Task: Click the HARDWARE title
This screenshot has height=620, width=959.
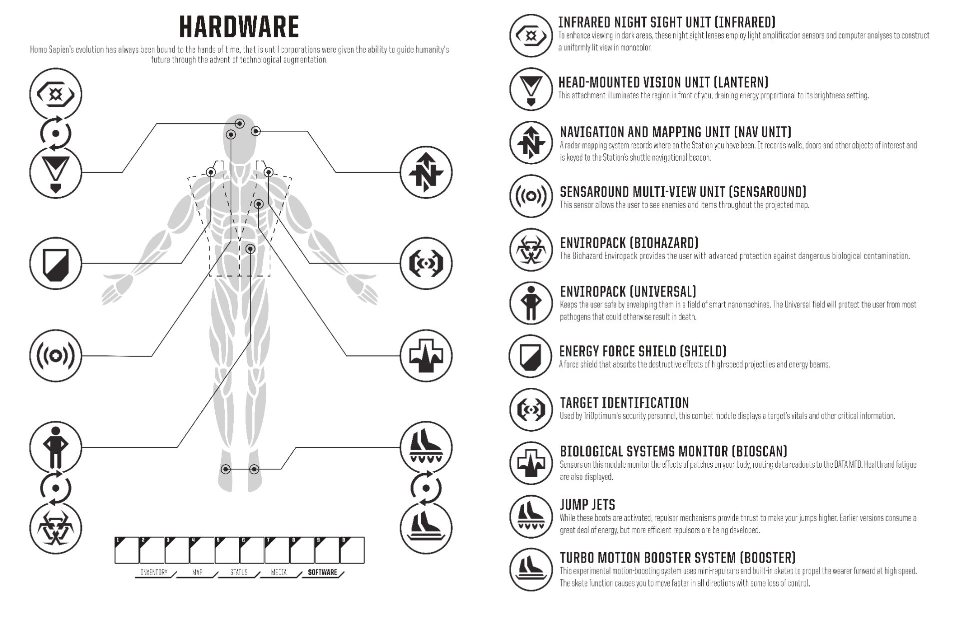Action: click(239, 27)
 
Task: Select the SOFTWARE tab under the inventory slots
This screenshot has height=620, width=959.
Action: click(323, 572)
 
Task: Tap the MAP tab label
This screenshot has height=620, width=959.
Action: click(197, 572)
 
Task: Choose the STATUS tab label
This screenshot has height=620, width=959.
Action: click(239, 572)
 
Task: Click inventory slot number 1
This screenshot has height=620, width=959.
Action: click(127, 550)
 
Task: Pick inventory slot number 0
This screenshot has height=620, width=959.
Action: click(352, 550)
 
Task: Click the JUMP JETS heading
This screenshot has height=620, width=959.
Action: click(587, 505)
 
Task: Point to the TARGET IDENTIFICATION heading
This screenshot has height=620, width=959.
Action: click(624, 403)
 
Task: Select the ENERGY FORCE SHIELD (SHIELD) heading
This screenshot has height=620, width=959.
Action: click(643, 351)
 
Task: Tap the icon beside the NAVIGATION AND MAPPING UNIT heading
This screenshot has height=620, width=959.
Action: click(531, 143)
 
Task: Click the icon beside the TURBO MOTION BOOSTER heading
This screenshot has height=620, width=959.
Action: click(531, 570)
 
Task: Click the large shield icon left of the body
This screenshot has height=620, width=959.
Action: click(55, 263)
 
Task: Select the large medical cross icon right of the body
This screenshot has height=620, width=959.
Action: click(426, 356)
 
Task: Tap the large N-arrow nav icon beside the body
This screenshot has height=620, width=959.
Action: click(426, 172)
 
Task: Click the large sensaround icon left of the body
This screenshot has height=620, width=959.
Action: click(55, 356)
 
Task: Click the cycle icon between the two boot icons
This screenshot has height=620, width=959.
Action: click(426, 488)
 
